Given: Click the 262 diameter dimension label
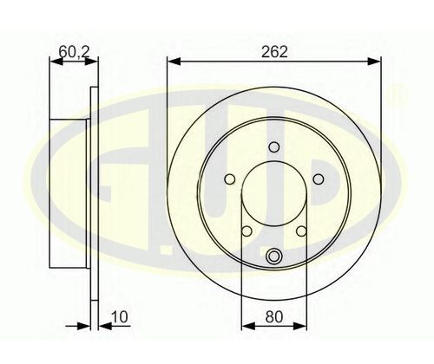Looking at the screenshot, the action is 274,52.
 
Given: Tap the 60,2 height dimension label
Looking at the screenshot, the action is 75,52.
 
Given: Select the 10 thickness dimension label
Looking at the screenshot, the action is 120,317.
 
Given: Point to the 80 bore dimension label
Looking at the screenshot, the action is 273,317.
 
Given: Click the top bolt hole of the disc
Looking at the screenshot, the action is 273,147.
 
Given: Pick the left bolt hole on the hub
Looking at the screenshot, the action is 230,179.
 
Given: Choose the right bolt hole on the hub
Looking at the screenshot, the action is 319,179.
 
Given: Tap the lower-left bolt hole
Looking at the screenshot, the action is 247,231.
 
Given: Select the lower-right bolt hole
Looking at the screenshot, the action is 301,231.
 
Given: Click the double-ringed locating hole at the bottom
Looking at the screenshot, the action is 273,257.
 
